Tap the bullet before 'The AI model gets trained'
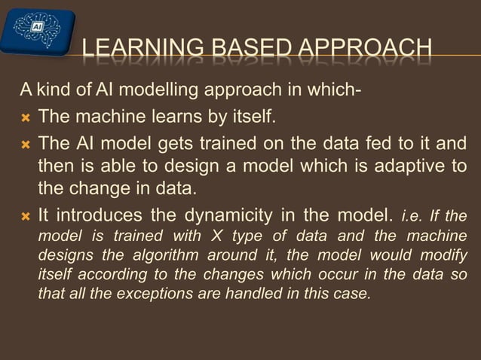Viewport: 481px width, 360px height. coord(26,143)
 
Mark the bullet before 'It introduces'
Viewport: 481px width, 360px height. coord(26,215)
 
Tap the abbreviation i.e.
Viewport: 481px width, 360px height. coord(413,215)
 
